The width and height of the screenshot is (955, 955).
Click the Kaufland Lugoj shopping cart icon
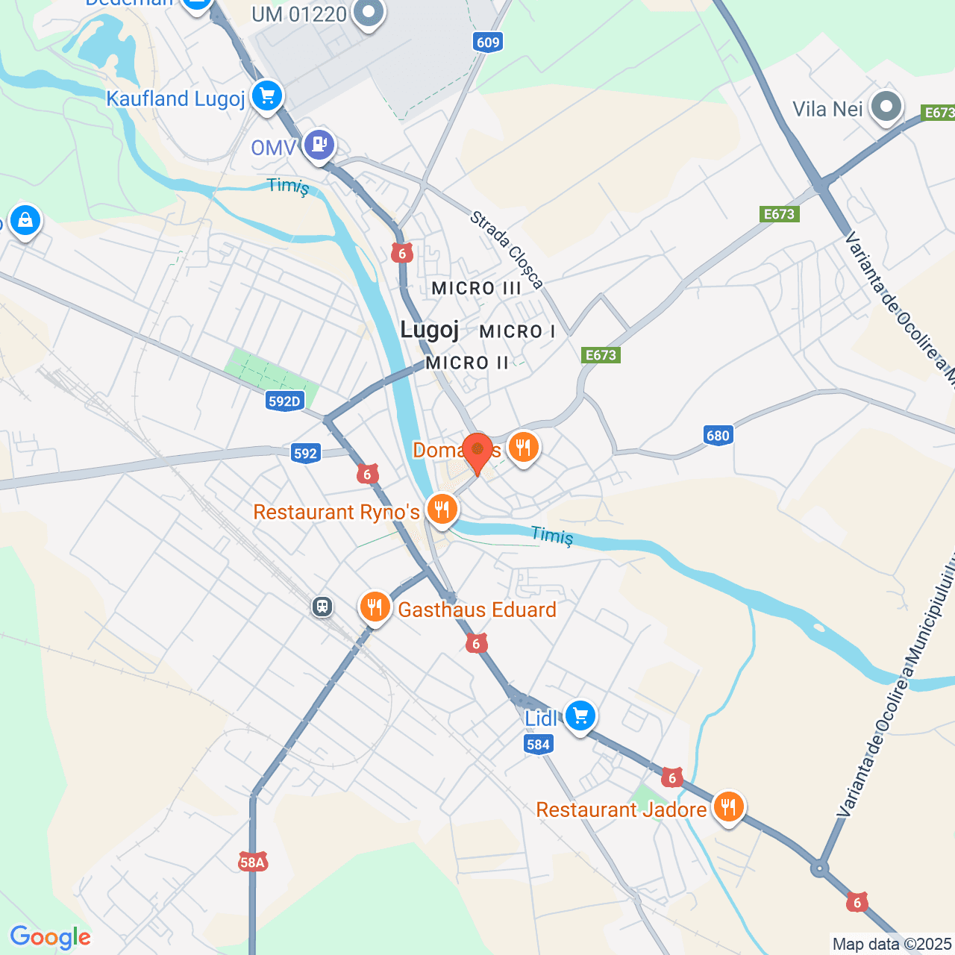tap(266, 96)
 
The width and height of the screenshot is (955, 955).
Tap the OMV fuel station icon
tap(319, 144)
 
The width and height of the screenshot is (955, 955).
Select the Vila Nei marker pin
tap(886, 107)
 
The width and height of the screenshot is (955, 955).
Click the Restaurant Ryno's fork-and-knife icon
tap(442, 510)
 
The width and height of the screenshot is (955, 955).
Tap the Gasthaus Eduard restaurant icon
tap(375, 607)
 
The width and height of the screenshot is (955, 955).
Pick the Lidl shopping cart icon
tap(580, 716)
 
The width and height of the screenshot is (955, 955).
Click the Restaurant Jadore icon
tap(727, 807)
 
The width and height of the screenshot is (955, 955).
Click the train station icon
tap(322, 606)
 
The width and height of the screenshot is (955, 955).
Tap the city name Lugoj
tap(429, 330)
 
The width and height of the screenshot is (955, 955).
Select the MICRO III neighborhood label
tap(476, 288)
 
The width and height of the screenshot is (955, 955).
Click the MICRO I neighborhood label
tap(517, 331)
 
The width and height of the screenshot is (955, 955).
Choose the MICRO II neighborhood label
tap(467, 363)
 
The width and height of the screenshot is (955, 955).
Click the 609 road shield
tap(487, 42)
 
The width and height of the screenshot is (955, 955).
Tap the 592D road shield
tap(284, 401)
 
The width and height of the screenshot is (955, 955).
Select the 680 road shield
tap(718, 436)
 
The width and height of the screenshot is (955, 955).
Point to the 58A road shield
tap(253, 862)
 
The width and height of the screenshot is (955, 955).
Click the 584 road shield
tap(538, 744)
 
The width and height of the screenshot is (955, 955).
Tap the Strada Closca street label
tap(506, 250)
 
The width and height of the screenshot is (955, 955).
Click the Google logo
tap(50, 937)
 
